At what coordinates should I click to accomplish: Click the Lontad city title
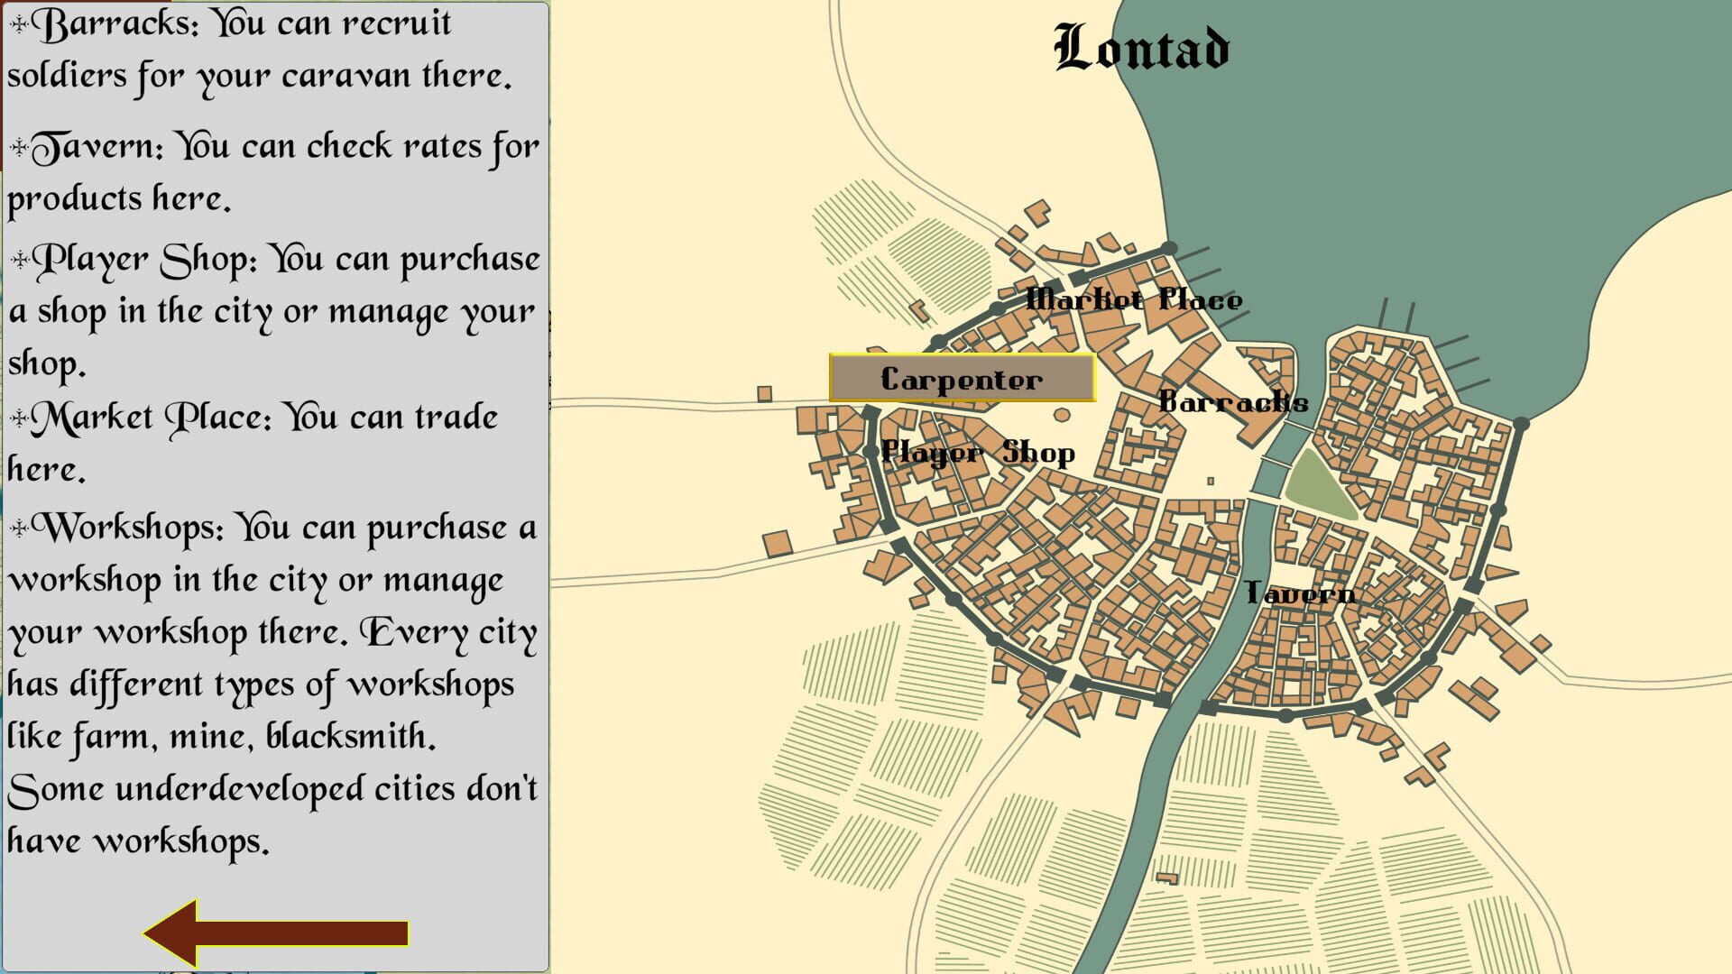pos(1141,49)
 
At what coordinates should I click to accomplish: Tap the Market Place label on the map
pos(1134,299)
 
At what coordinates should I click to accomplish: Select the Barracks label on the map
pos(1232,402)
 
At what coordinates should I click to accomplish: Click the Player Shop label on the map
pos(978,453)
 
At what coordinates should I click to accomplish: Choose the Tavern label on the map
pos(1299,593)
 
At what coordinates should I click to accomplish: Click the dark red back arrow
pos(276,933)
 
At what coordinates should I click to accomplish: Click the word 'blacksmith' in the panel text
pos(350,737)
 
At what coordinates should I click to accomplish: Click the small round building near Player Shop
pos(1062,415)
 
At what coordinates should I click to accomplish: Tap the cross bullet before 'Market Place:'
pos(19,418)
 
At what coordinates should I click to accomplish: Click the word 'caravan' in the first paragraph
pos(345,76)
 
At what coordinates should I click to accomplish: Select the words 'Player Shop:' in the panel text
pos(144,260)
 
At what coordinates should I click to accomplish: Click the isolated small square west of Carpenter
pos(764,393)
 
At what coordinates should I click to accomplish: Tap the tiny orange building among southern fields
pos(1167,878)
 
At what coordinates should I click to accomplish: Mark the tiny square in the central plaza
pos(1211,481)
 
